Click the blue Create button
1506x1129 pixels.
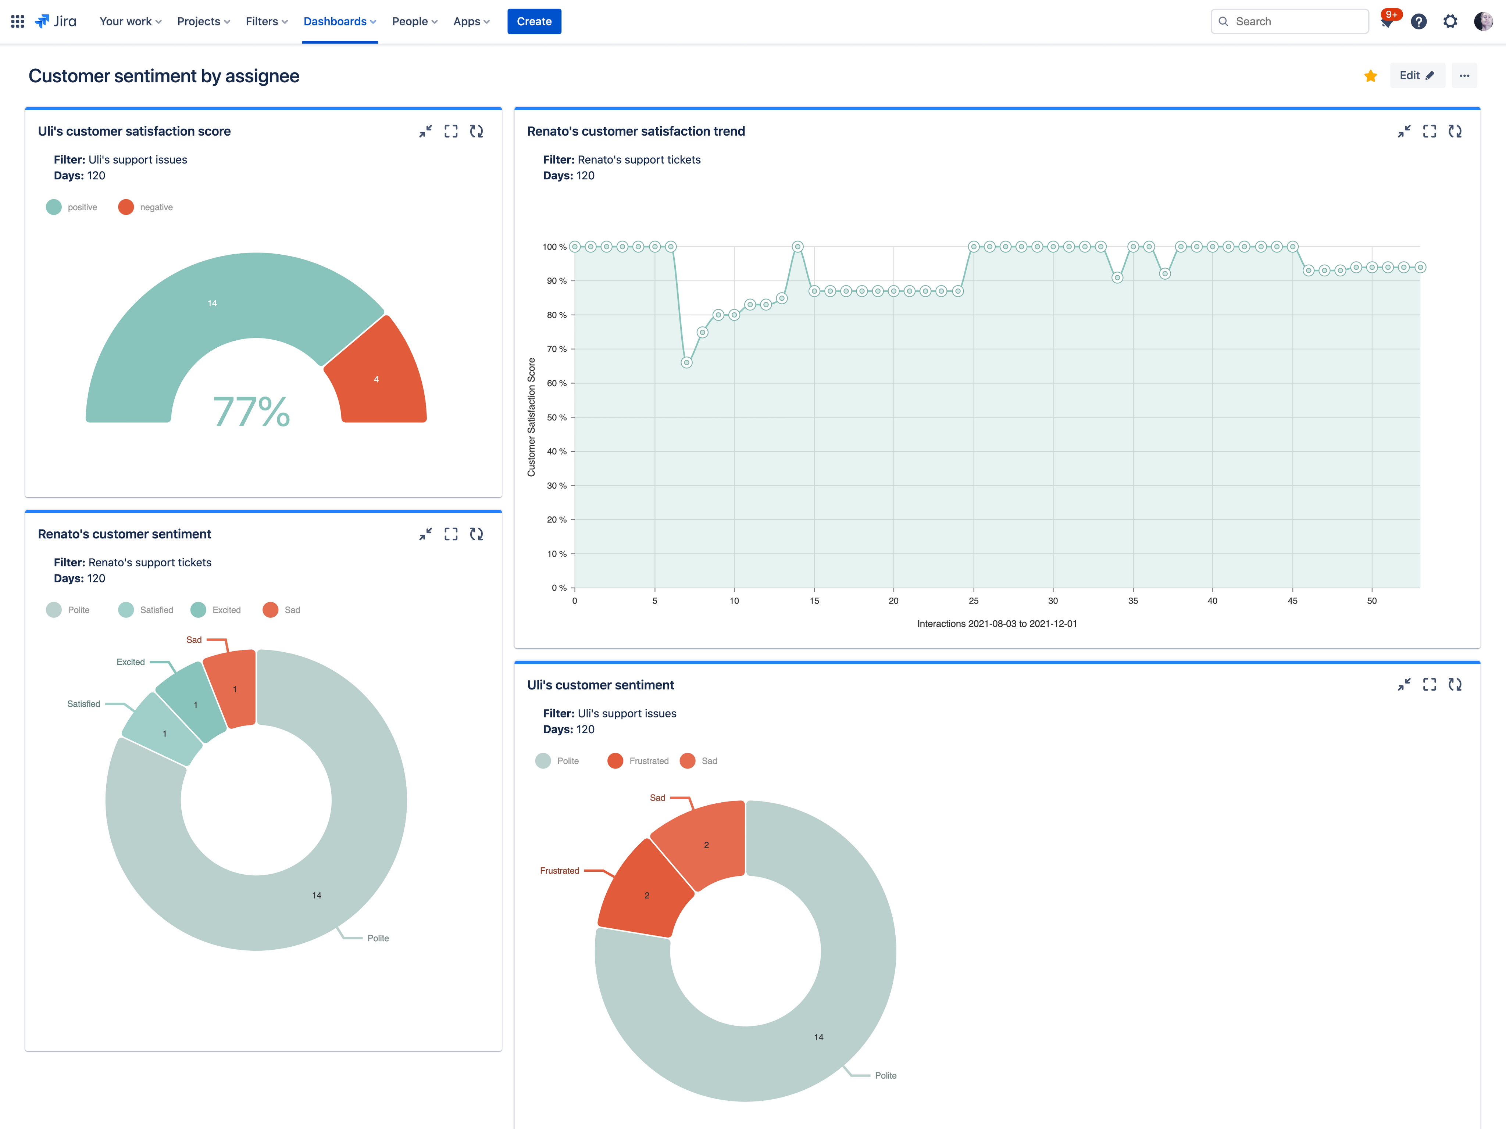pos(534,21)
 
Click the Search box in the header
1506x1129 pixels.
pos(1289,21)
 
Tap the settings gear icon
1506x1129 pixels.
pos(1450,21)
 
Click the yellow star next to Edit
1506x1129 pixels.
pos(1371,76)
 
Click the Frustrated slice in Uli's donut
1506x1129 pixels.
pos(643,892)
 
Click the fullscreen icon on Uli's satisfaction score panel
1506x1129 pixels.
pos(451,131)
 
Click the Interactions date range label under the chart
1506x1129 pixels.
pos(997,623)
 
